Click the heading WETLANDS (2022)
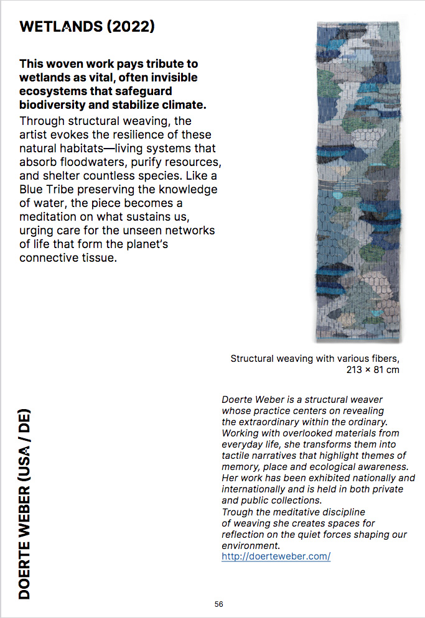(x=87, y=26)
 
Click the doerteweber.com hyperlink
(x=276, y=556)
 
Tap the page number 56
(x=218, y=604)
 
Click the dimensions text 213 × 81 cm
(x=372, y=369)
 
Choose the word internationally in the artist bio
(x=255, y=489)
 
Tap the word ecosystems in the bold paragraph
(x=52, y=91)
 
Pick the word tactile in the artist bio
(x=237, y=456)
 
